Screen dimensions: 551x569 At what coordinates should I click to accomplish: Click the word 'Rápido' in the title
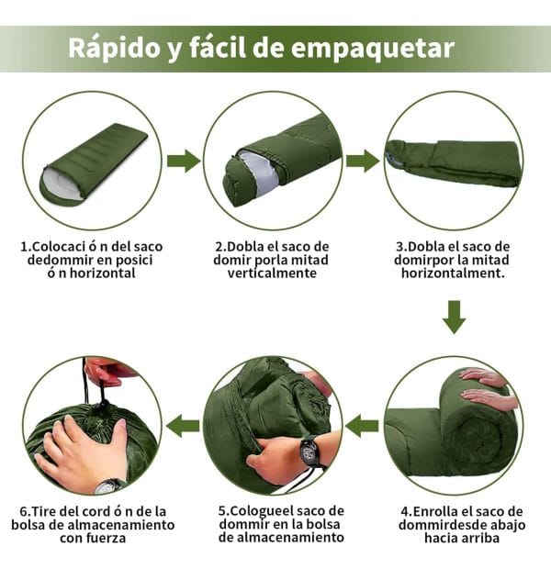click(114, 48)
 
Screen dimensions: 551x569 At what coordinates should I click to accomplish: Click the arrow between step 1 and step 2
click(184, 161)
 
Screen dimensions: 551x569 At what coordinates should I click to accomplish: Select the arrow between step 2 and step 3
click(363, 161)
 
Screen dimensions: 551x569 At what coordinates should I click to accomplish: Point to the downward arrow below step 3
click(454, 317)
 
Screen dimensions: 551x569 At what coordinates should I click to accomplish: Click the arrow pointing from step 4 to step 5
click(362, 426)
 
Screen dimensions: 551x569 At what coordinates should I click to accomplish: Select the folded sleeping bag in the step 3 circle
click(454, 162)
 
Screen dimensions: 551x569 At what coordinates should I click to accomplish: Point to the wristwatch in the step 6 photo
click(109, 485)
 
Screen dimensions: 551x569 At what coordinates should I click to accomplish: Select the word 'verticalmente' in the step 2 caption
click(272, 273)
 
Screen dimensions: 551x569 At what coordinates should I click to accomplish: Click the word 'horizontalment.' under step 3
click(453, 273)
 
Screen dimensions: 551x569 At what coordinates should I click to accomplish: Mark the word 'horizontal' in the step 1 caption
click(103, 273)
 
